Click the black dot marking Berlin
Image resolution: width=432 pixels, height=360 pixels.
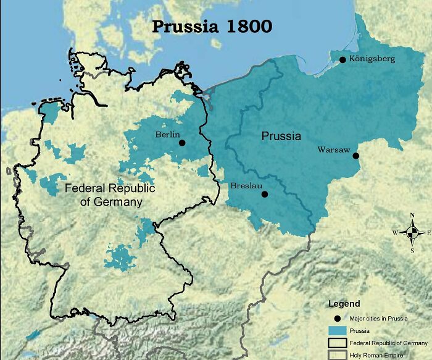point(182,143)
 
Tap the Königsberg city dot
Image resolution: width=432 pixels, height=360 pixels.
point(343,59)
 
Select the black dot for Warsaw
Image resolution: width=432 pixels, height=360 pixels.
point(357,156)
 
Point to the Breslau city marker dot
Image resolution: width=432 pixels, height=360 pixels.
point(265,194)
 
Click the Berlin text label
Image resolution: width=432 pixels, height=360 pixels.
point(168,134)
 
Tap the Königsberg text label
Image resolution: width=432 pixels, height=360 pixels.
point(372,59)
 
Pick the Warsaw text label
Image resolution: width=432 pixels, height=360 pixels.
point(334,149)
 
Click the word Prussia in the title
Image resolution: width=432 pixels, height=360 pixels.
point(183,27)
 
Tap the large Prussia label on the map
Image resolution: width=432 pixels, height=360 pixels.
point(281,136)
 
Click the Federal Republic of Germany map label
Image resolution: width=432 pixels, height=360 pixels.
point(110,195)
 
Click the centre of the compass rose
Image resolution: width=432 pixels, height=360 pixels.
point(412,233)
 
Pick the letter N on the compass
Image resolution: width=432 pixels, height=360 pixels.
point(412,216)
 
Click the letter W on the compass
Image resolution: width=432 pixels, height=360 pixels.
point(395,233)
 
